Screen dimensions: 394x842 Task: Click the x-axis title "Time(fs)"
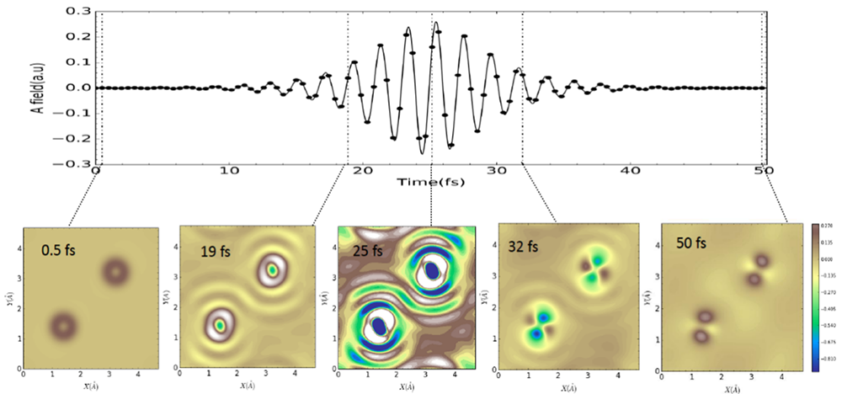429,181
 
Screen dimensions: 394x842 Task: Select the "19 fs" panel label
216,250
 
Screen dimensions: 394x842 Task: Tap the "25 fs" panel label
365,250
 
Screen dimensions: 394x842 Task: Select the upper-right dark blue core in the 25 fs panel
432,270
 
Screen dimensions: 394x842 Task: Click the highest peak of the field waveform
435,23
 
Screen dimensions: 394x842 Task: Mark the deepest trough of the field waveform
422,152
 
